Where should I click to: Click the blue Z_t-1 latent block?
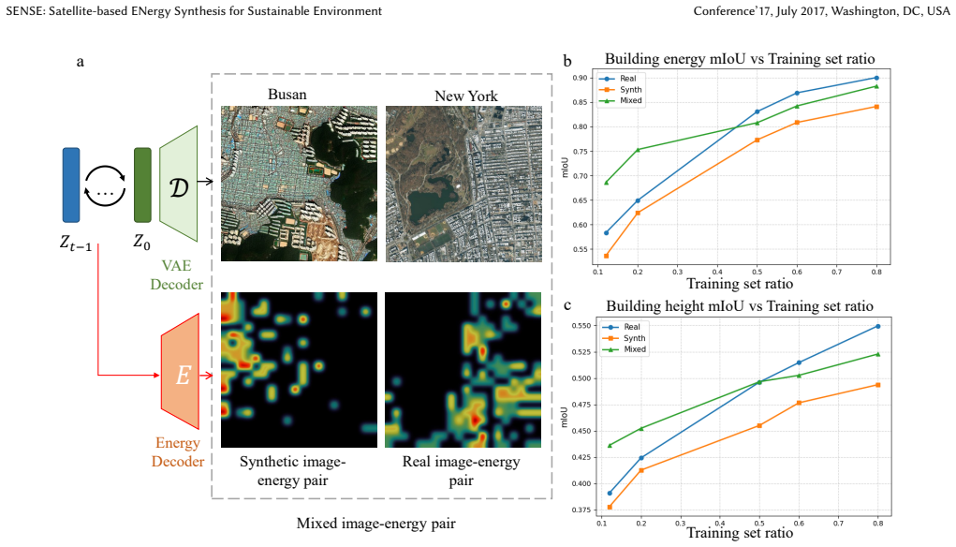pyautogui.click(x=71, y=185)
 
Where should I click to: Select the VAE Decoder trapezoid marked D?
pyautogui.click(x=179, y=184)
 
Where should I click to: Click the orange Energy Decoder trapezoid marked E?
pyautogui.click(x=181, y=371)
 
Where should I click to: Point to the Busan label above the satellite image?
pyautogui.click(x=287, y=95)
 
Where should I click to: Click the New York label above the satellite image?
pyautogui.click(x=465, y=96)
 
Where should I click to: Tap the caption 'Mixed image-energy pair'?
pyautogui.click(x=376, y=524)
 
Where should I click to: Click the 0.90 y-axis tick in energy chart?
pyautogui.click(x=580, y=78)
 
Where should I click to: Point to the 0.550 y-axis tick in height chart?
pyautogui.click(x=581, y=326)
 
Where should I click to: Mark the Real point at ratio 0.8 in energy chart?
pyautogui.click(x=876, y=78)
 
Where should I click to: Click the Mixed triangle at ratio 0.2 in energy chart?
pyautogui.click(x=638, y=150)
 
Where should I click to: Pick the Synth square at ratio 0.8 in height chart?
pyautogui.click(x=878, y=385)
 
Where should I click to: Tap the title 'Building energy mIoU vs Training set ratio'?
pyautogui.click(x=740, y=59)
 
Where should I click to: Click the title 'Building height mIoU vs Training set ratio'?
pyautogui.click(x=740, y=306)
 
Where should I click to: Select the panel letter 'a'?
pyautogui.click(x=80, y=62)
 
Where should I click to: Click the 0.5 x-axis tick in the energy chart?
pyautogui.click(x=757, y=272)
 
